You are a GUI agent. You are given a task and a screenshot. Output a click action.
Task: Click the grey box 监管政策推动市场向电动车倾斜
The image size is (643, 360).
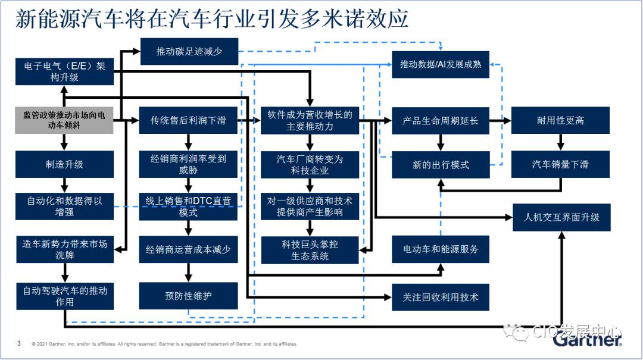click(x=64, y=120)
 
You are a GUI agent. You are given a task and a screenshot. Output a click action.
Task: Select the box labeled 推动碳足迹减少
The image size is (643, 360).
click(x=189, y=51)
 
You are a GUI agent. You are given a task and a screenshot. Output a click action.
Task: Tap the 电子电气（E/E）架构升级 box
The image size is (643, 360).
click(x=64, y=72)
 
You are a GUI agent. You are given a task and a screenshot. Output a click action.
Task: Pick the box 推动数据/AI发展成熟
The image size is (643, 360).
click(x=441, y=64)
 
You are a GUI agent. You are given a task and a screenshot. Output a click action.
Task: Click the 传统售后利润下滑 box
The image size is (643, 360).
click(x=188, y=120)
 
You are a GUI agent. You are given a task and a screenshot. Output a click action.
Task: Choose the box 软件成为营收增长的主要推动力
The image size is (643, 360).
click(x=310, y=121)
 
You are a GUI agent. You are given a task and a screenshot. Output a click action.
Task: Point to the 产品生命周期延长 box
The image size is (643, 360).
click(x=441, y=121)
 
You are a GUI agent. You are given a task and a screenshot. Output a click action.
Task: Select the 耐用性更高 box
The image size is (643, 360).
click(x=561, y=120)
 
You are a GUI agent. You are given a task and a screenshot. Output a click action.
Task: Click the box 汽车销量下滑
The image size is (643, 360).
click(x=561, y=164)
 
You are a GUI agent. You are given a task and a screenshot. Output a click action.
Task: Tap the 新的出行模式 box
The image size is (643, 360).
click(x=441, y=165)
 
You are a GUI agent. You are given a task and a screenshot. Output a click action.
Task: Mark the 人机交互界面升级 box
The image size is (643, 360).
click(x=562, y=217)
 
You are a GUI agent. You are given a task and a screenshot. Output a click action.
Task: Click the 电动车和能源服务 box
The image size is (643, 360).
click(x=441, y=249)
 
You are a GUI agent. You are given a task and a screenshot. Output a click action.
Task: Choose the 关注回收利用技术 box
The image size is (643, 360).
click(x=441, y=298)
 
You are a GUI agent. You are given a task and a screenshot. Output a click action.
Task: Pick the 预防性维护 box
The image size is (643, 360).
click(x=188, y=296)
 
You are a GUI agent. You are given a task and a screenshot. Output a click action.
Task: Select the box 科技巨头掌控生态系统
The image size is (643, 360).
click(x=310, y=250)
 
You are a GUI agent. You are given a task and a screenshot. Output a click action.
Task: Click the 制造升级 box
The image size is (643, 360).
click(x=64, y=164)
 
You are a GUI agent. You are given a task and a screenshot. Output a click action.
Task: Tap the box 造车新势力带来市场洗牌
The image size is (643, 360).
click(x=65, y=249)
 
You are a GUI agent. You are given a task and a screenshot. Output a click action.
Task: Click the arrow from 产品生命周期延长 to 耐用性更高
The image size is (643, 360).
click(x=500, y=121)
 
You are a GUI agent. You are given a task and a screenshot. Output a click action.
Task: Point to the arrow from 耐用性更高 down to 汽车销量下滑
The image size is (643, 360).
click(x=561, y=142)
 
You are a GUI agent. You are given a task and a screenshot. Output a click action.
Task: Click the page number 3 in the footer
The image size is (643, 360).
click(x=19, y=343)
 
